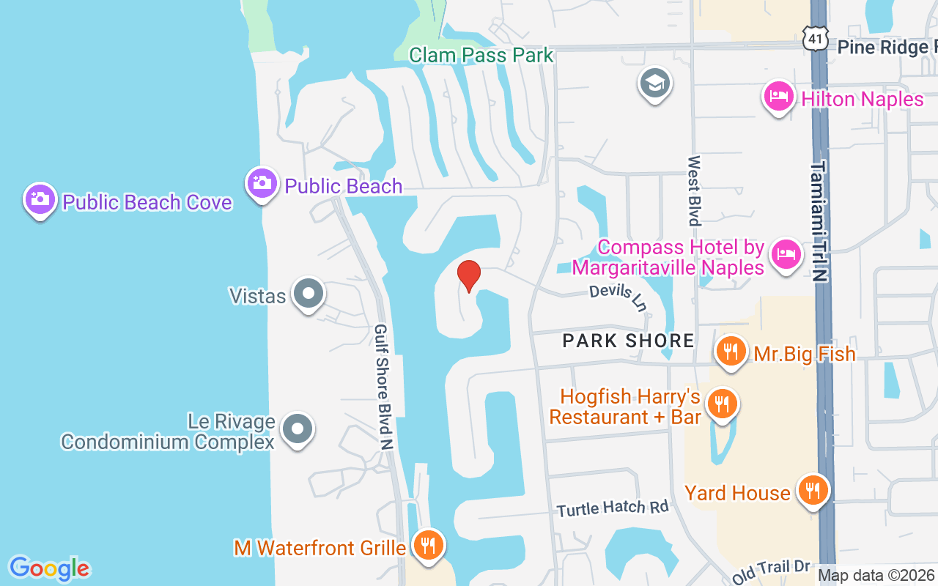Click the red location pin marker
click(x=469, y=275)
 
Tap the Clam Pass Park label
click(x=481, y=55)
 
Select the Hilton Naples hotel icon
click(x=778, y=97)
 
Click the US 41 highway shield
click(x=815, y=40)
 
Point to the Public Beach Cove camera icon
click(x=40, y=199)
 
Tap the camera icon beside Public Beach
click(x=262, y=183)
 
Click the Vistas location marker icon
click(x=308, y=294)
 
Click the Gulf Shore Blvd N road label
click(x=384, y=387)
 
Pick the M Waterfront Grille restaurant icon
click(x=429, y=546)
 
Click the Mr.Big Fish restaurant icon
click(x=731, y=352)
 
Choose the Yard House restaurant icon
click(x=812, y=490)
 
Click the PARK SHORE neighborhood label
click(x=628, y=341)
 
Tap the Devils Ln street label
click(x=619, y=296)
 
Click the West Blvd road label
click(x=693, y=190)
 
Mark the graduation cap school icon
click(x=654, y=83)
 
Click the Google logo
click(x=50, y=568)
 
